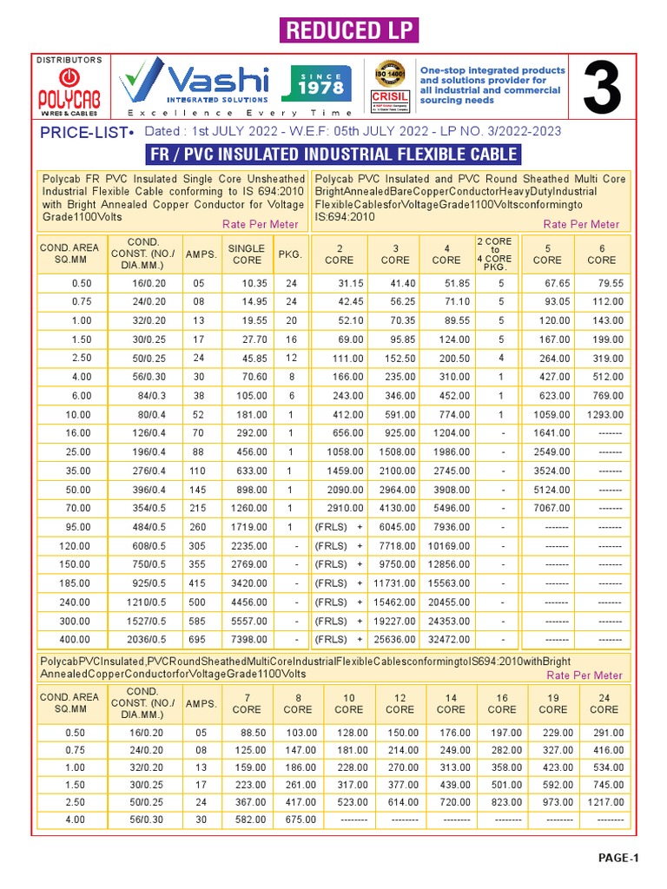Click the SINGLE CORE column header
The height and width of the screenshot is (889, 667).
(x=247, y=254)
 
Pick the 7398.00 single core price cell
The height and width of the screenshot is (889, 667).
(x=249, y=640)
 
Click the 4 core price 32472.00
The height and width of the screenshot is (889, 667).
(x=448, y=640)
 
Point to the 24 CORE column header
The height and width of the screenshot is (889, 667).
(x=604, y=703)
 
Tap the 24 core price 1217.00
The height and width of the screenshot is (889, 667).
(x=604, y=802)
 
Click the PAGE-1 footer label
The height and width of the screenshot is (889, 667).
(x=618, y=859)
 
